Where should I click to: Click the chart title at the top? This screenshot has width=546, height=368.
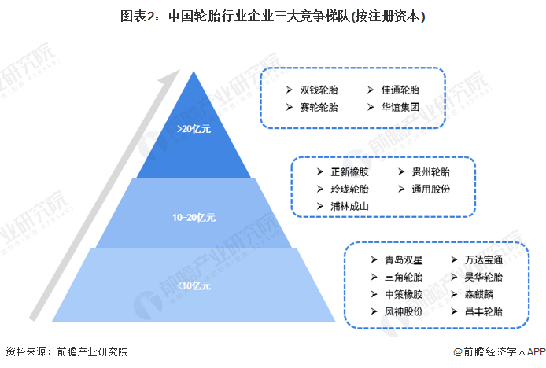pyautogui.click(x=273, y=16)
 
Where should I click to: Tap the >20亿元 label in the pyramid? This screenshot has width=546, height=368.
pyautogui.click(x=194, y=129)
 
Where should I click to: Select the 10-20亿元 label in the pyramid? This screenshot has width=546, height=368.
pyautogui.click(x=194, y=218)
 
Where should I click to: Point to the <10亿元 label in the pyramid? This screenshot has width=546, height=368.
pyautogui.click(x=194, y=286)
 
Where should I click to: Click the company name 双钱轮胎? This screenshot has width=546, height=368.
pyautogui.click(x=319, y=90)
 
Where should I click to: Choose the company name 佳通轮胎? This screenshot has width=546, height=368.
pyautogui.click(x=400, y=90)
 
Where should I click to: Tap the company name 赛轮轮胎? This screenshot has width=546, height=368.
pyautogui.click(x=319, y=107)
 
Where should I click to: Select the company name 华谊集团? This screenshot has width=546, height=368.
pyautogui.click(x=400, y=107)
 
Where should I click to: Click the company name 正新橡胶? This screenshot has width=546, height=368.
pyautogui.click(x=349, y=172)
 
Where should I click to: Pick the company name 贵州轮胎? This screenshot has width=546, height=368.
pyautogui.click(x=430, y=172)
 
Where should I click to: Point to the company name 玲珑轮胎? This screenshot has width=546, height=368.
pyautogui.click(x=349, y=190)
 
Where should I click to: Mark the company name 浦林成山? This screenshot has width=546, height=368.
pyautogui.click(x=349, y=207)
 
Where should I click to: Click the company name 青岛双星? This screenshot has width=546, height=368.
pyautogui.click(x=404, y=260)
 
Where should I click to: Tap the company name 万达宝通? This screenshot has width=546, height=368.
pyautogui.click(x=484, y=260)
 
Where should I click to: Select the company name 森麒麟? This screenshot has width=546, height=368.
pyautogui.click(x=479, y=295)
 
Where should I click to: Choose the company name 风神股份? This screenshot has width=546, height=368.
pyautogui.click(x=404, y=311)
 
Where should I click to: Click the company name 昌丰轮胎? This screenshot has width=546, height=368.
pyautogui.click(x=484, y=311)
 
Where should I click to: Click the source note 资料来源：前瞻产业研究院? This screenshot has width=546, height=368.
pyautogui.click(x=67, y=351)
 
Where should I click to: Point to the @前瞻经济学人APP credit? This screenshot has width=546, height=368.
pyautogui.click(x=500, y=351)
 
